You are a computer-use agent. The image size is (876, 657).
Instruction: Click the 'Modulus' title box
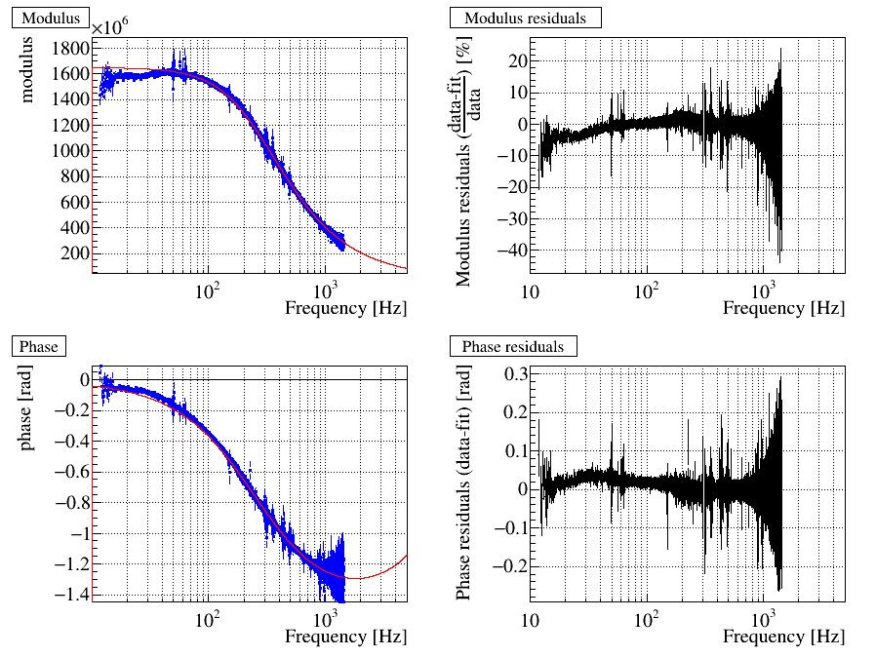pyautogui.click(x=50, y=18)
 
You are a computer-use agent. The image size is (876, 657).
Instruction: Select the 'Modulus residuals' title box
pyautogui.click(x=525, y=18)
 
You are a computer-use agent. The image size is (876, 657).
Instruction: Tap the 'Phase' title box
pyautogui.click(x=38, y=346)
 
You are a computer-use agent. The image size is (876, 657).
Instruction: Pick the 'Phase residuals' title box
pyautogui.click(x=513, y=346)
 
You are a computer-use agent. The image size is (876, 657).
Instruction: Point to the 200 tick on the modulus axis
pyautogui.click(x=76, y=253)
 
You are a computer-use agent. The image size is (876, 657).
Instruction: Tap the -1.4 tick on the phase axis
pyautogui.click(x=70, y=595)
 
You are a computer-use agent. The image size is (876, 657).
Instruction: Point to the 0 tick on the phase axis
pyautogui.click(x=84, y=379)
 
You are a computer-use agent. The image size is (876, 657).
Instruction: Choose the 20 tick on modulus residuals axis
pyautogui.click(x=511, y=60)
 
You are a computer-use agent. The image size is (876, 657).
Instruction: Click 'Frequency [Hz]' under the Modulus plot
pyautogui.click(x=345, y=308)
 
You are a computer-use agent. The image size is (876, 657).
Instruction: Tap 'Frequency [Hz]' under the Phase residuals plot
pyautogui.click(x=783, y=637)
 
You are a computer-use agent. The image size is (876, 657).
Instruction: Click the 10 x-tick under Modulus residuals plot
pyautogui.click(x=531, y=292)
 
